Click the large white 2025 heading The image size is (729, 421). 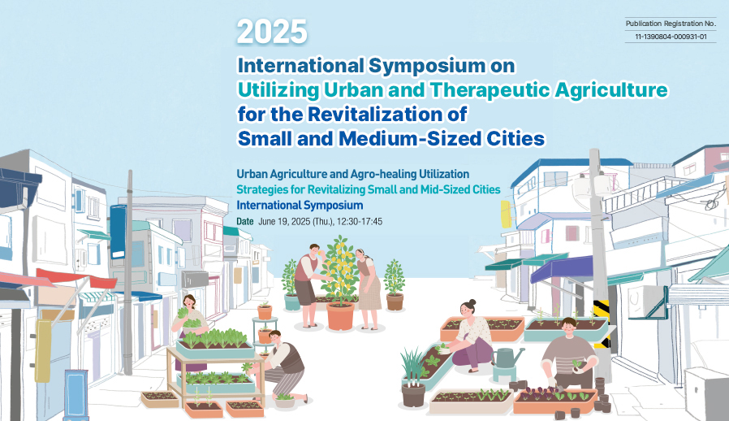click(272, 32)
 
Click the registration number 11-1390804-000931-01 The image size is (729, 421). click(671, 37)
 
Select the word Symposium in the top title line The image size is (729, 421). click(427, 66)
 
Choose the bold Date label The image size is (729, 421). click(245, 222)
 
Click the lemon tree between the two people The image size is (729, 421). click(341, 270)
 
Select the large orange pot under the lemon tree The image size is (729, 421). click(340, 316)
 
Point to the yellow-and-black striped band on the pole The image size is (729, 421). click(602, 324)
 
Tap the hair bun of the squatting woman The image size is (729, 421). click(472, 302)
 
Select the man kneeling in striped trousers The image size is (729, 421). click(281, 365)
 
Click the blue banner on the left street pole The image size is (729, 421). click(118, 232)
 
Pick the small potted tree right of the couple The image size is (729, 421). click(395, 285)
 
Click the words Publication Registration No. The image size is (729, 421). click(671, 24)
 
